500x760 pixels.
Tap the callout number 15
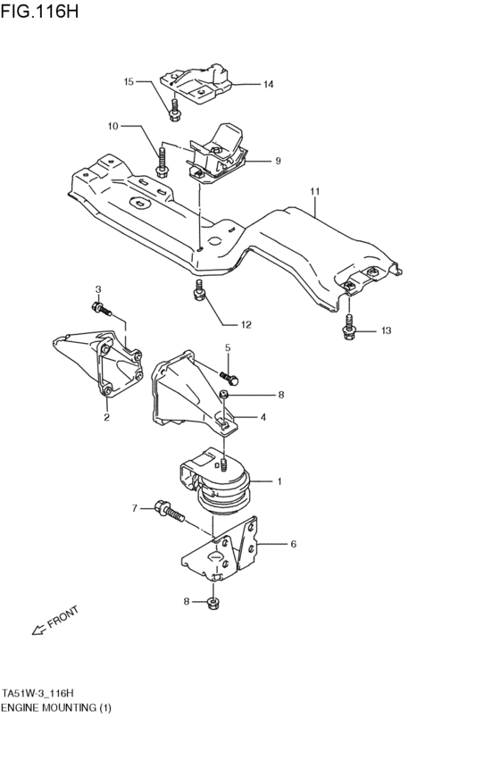129,81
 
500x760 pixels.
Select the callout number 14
268,85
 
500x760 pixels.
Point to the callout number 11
314,191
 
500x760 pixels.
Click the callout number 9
278,162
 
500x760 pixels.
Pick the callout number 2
105,416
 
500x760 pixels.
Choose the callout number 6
293,542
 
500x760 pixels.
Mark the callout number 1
279,482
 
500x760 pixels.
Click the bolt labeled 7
170,510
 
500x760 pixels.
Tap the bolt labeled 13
348,331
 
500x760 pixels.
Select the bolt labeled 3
100,311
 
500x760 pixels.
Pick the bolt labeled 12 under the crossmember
200,290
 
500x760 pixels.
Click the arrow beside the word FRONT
38,631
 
